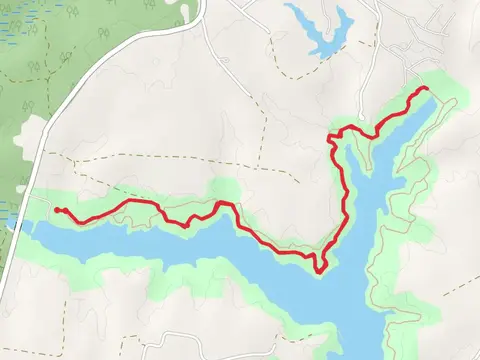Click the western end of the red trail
point(57,210)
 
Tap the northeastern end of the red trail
point(427,89)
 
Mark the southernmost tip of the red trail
point(319,268)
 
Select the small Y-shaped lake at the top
point(322,30)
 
